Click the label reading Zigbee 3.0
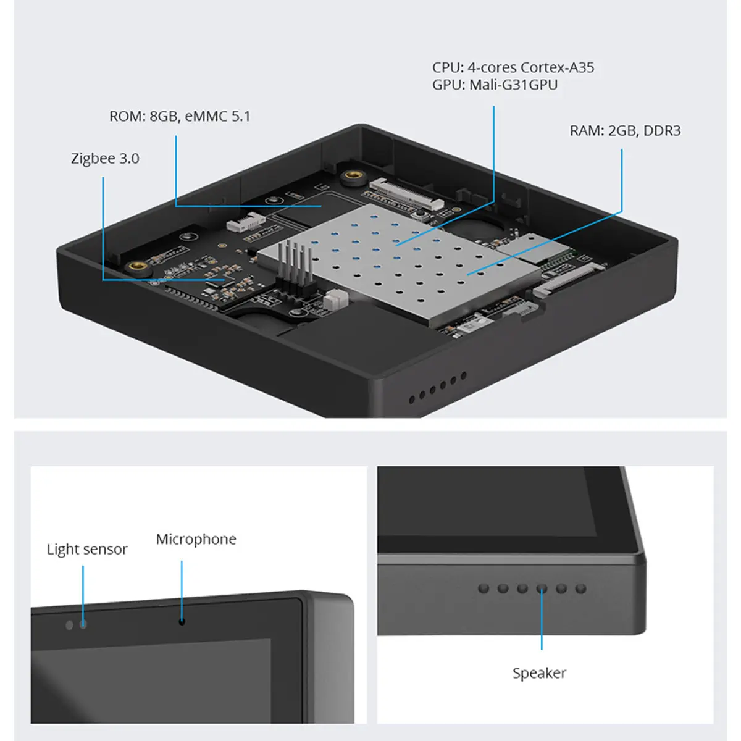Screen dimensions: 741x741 (x=105, y=159)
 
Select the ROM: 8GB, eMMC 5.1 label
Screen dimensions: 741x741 (x=180, y=117)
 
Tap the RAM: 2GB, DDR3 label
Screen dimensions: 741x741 (x=625, y=131)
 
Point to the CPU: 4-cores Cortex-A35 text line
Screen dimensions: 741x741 (x=513, y=68)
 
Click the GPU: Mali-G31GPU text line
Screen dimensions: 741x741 (x=495, y=85)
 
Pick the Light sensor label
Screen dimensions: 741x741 (x=87, y=550)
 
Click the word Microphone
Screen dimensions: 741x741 (x=196, y=540)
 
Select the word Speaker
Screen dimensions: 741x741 (x=539, y=673)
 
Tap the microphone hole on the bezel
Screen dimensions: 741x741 (x=182, y=621)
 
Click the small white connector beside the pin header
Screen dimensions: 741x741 (x=336, y=300)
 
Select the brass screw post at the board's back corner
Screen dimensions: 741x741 (x=354, y=177)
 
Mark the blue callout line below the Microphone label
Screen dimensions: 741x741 (x=182, y=587)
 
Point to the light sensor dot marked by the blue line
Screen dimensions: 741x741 (x=83, y=625)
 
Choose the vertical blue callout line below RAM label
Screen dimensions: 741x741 (x=622, y=179)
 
